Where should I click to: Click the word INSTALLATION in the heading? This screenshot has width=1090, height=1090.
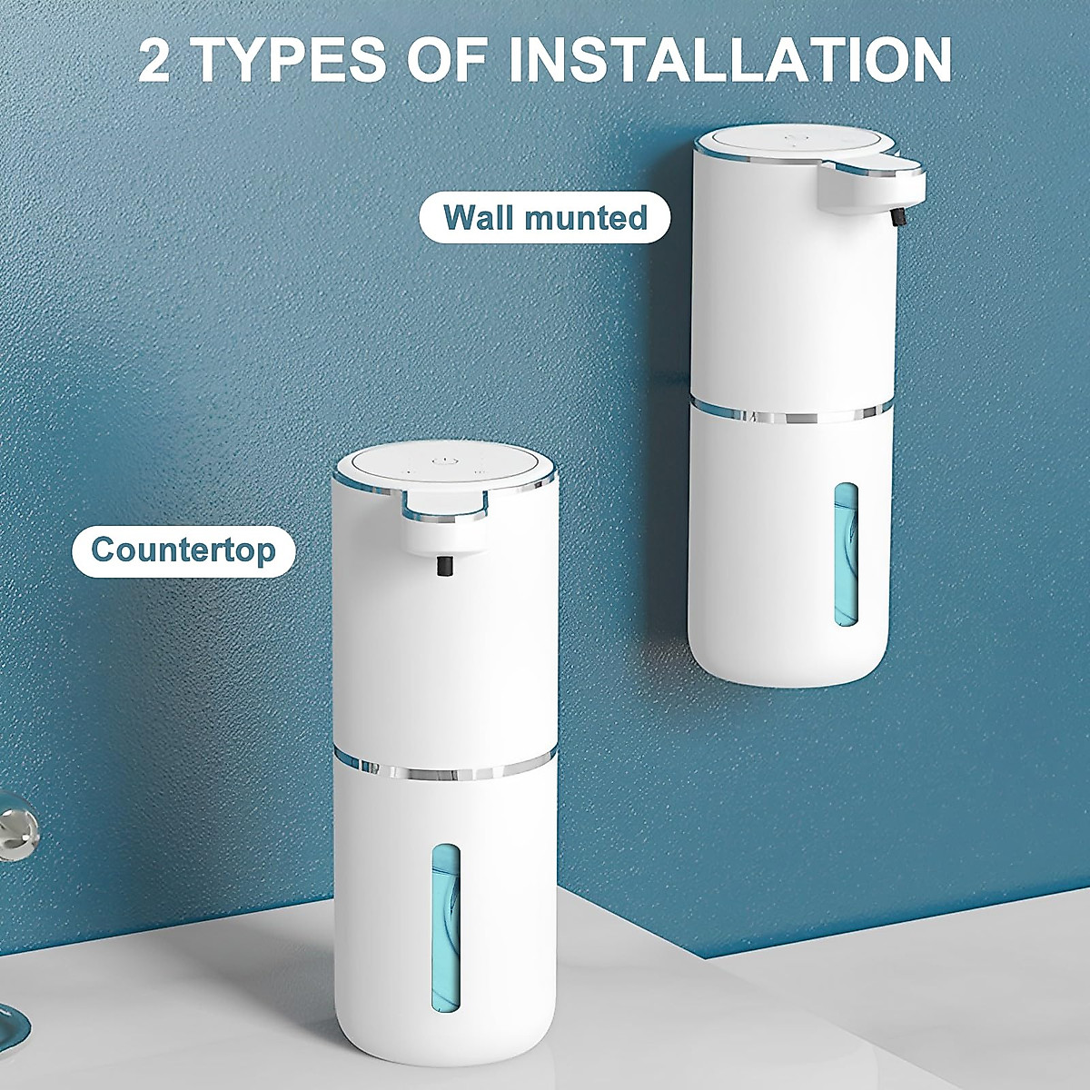[729, 60]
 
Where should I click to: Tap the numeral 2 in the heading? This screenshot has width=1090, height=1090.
[156, 60]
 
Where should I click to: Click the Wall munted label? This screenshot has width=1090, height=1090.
[545, 218]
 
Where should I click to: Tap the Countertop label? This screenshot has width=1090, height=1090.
[183, 550]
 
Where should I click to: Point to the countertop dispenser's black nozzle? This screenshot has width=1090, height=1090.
[445, 567]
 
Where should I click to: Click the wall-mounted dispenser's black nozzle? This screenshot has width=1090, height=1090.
[900, 219]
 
